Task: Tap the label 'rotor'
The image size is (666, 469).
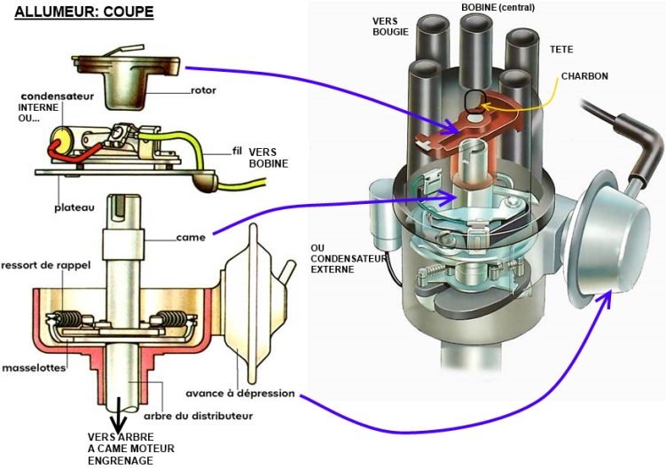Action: click(203, 90)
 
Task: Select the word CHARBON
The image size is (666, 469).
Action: click(584, 76)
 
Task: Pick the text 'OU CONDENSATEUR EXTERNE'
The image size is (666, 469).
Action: click(344, 258)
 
